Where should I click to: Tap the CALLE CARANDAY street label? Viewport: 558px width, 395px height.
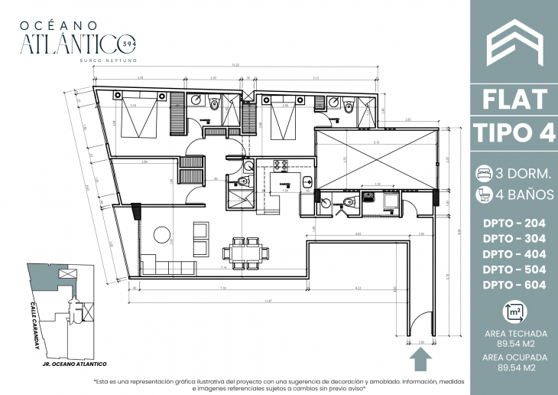(x=36, y=329)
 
